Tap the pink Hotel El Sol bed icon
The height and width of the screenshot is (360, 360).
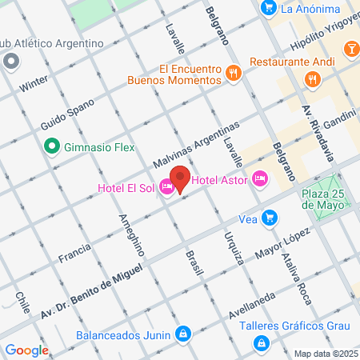pos(166,187)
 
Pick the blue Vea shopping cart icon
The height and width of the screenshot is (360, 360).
pos(270,218)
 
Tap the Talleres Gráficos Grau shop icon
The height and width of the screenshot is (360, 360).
pos(261,343)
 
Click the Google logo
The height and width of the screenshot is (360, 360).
pos(26,350)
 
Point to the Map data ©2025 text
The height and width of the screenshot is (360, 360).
pos(325,354)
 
